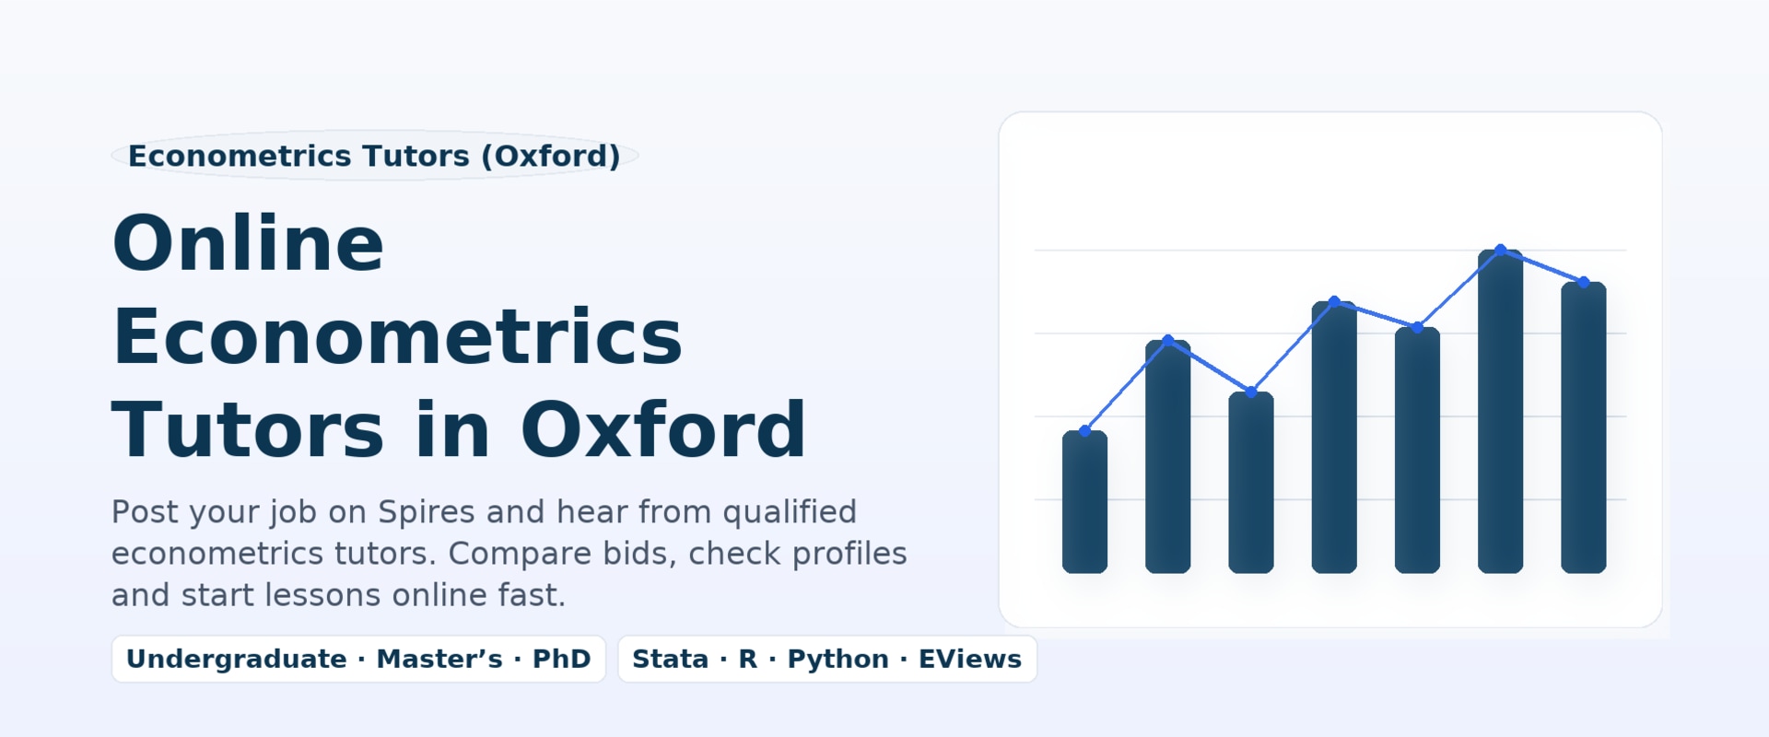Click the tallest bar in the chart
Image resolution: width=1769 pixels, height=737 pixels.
pyautogui.click(x=1500, y=411)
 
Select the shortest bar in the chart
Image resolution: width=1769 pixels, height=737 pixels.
pyautogui.click(x=1084, y=501)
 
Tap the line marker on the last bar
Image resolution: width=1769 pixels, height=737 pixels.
pyautogui.click(x=1584, y=282)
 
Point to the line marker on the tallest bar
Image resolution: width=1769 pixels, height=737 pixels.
pyautogui.click(x=1501, y=250)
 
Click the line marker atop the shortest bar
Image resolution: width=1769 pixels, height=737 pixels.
pyautogui.click(x=1084, y=430)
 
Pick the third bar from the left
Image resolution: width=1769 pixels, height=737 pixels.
pyautogui.click(x=1251, y=483)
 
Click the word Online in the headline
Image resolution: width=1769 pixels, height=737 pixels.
pyautogui.click(x=248, y=243)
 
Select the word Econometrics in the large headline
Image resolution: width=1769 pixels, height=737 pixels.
pyautogui.click(x=397, y=336)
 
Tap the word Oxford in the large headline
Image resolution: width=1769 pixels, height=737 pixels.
pyautogui.click(x=663, y=429)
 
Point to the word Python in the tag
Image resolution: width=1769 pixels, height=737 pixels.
pyautogui.click(x=838, y=660)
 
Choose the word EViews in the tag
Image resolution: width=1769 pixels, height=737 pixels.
pyautogui.click(x=970, y=659)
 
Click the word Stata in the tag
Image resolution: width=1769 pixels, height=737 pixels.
pyautogui.click(x=670, y=659)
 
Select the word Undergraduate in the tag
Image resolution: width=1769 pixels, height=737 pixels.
pyautogui.click(x=237, y=660)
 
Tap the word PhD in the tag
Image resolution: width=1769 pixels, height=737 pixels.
pyautogui.click(x=561, y=659)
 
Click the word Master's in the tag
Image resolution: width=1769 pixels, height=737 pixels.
pyautogui.click(x=439, y=659)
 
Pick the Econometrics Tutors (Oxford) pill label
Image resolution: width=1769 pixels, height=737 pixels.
pyautogui.click(x=374, y=156)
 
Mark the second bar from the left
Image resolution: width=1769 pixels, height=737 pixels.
pyautogui.click(x=1168, y=457)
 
